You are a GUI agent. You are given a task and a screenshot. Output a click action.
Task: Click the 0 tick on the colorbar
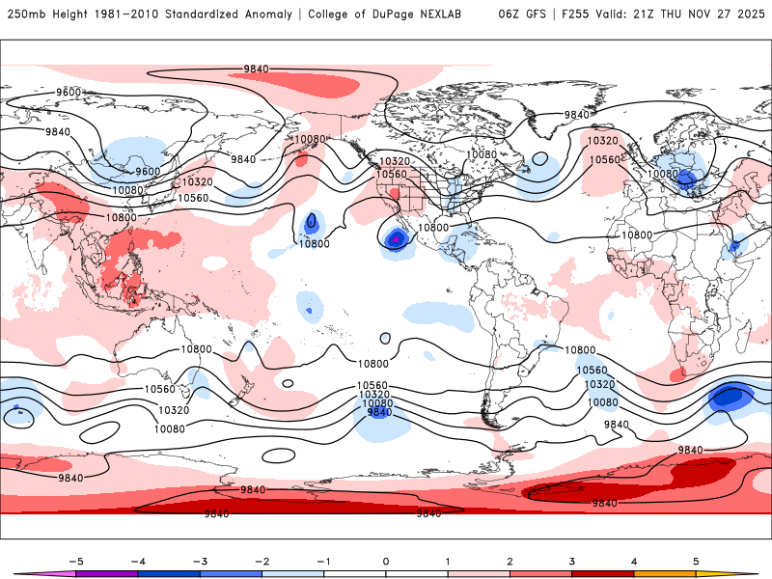point(386,561)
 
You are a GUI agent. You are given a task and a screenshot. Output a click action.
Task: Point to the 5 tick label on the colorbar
point(696,561)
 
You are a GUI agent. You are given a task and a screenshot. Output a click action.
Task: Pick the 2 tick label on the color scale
point(510,561)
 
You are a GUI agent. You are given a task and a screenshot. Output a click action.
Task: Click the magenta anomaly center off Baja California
point(394,237)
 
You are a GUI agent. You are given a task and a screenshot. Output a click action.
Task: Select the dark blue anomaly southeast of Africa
point(731,397)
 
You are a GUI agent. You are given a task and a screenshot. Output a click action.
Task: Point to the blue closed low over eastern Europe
point(685,178)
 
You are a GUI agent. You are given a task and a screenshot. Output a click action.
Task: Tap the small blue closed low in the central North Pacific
point(311,222)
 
